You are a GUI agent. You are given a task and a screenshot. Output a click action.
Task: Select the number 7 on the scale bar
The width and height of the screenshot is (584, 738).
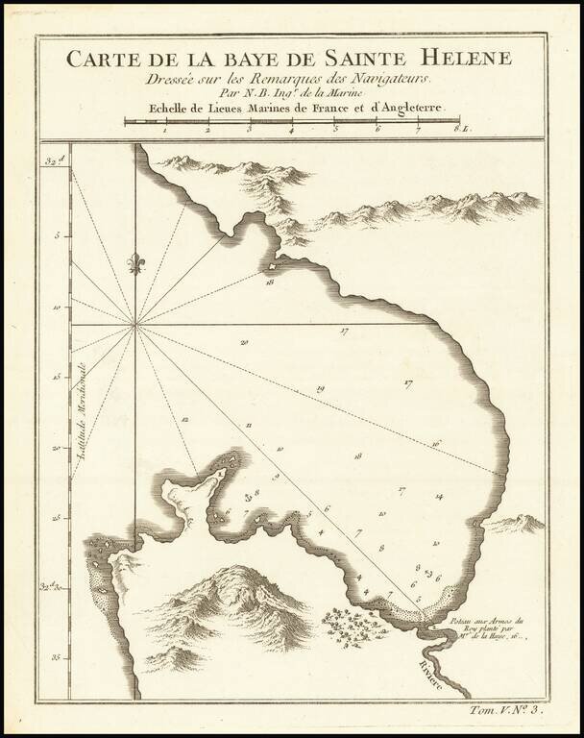419,130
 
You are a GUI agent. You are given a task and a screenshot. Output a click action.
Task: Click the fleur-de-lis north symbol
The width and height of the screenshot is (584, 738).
135,262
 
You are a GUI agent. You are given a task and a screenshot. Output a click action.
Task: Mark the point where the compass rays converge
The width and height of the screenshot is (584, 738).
135,324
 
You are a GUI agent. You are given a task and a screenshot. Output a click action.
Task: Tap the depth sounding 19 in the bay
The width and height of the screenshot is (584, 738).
321,388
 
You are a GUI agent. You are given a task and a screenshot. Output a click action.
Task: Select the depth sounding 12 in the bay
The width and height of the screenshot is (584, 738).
183,420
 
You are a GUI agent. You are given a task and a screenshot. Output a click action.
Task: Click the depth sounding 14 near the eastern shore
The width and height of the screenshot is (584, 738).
438,497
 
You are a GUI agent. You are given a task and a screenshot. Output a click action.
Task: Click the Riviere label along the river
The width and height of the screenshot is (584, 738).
432,671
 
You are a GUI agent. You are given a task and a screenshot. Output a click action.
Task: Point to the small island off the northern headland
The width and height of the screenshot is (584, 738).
274,266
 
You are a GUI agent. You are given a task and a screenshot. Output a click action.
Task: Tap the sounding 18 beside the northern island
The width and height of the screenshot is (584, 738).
271,283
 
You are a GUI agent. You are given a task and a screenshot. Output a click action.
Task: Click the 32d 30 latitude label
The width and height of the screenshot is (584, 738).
52,585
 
